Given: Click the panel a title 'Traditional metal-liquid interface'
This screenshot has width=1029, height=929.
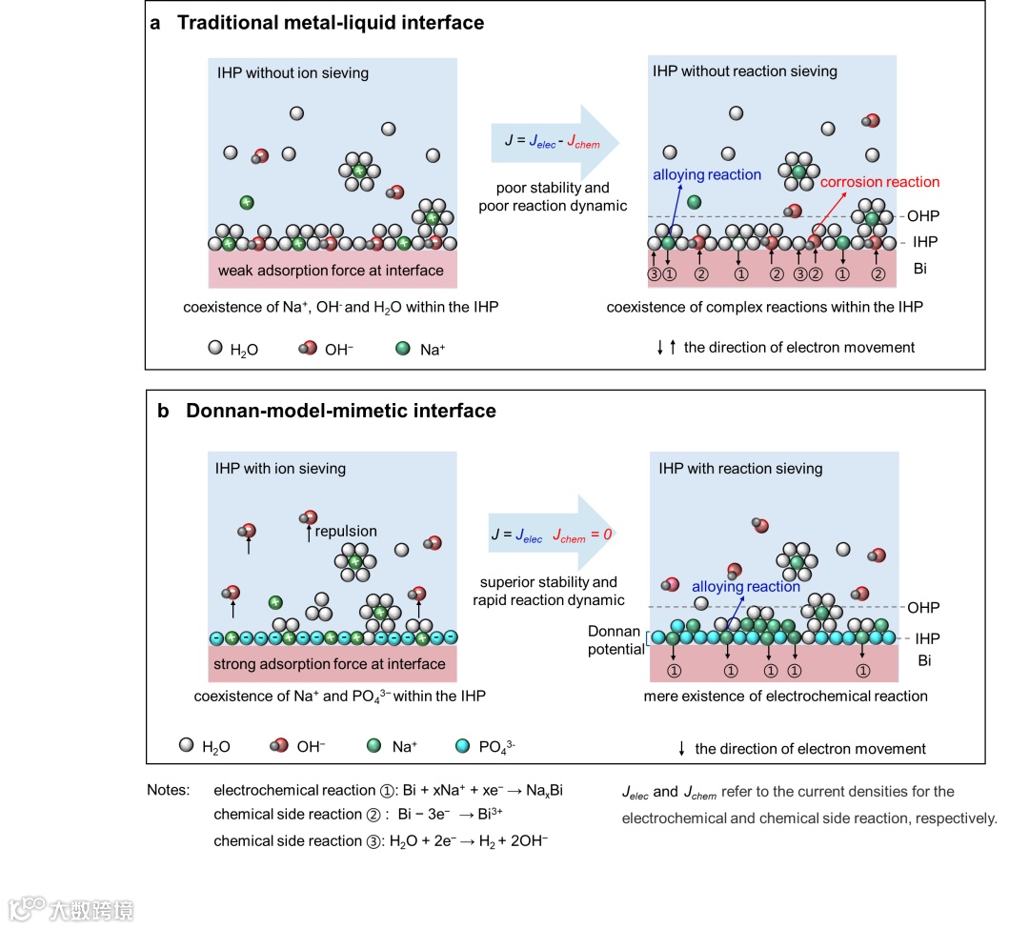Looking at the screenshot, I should (330, 23).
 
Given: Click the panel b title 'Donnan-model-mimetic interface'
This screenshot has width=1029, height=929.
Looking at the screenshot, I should (340, 412).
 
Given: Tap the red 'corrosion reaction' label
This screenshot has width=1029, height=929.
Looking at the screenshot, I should (879, 182).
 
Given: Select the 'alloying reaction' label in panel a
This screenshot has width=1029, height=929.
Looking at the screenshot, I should (707, 175).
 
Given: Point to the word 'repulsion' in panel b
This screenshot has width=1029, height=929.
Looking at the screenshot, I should (347, 531).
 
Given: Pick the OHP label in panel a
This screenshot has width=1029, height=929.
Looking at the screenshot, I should (922, 216).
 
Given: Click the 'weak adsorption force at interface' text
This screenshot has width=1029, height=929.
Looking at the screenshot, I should (331, 271).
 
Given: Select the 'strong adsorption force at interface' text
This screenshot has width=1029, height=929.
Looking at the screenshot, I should (331, 663).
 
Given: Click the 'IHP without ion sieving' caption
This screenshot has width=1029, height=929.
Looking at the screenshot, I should (293, 72).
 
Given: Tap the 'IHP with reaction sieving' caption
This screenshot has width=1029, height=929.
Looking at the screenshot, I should (740, 468).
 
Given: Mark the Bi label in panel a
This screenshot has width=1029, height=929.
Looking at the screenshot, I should (919, 269).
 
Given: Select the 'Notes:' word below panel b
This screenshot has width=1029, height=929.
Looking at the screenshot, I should (169, 791).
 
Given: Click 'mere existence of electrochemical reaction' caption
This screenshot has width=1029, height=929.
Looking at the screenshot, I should (785, 697).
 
